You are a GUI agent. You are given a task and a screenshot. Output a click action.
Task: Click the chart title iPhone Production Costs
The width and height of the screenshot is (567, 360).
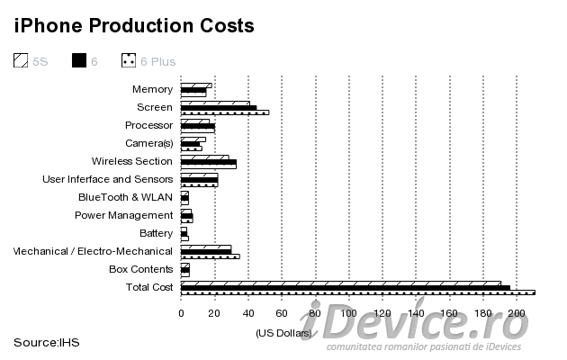pyautogui.click(x=133, y=25)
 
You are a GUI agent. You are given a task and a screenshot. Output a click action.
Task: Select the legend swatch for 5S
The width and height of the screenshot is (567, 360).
pyautogui.click(x=21, y=61)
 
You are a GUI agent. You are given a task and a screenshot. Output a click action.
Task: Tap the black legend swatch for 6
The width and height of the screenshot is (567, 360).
pyautogui.click(x=78, y=61)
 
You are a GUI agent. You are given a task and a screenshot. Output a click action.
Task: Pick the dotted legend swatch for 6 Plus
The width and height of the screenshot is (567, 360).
pyautogui.click(x=129, y=61)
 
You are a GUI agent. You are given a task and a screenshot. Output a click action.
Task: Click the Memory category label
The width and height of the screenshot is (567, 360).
pyautogui.click(x=152, y=89)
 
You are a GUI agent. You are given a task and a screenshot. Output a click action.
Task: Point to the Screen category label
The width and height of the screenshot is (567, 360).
pyautogui.click(x=155, y=107)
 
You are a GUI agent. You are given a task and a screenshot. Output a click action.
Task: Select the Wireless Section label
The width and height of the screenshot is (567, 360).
pyautogui.click(x=132, y=161)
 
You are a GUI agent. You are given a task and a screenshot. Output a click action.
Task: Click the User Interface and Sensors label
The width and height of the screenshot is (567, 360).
pyautogui.click(x=108, y=179)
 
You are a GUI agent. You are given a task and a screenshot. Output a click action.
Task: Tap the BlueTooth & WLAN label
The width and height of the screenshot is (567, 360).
pyautogui.click(x=125, y=197)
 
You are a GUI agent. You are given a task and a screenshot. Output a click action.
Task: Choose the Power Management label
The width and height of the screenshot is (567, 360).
pyautogui.click(x=123, y=215)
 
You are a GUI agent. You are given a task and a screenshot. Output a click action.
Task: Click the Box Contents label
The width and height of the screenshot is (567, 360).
pyautogui.click(x=140, y=269)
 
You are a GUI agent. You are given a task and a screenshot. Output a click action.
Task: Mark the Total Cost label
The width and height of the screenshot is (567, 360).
pyautogui.click(x=148, y=287)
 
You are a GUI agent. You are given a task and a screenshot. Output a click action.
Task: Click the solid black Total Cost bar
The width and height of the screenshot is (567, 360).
pyautogui.click(x=345, y=288)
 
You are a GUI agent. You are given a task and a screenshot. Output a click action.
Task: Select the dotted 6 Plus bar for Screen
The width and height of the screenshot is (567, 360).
pyautogui.click(x=224, y=112)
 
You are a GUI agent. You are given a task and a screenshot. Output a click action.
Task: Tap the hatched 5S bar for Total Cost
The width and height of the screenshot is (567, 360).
pyautogui.click(x=340, y=283)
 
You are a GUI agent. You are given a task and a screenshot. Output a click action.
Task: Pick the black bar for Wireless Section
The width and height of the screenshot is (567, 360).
pyautogui.click(x=208, y=162)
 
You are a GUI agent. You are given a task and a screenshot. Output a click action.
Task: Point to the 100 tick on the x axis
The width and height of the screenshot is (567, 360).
pyautogui.click(x=348, y=313)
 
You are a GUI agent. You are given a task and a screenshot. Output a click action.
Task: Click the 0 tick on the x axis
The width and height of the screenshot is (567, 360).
pyautogui.click(x=181, y=313)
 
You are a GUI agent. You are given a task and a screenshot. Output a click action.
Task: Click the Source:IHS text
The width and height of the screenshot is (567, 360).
pyautogui.click(x=47, y=342)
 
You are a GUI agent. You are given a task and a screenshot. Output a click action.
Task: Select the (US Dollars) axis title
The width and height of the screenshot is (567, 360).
pyautogui.click(x=282, y=333)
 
